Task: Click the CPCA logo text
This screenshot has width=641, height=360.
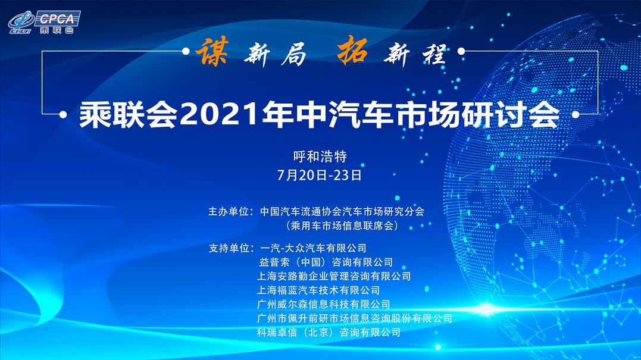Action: (x=57, y=19)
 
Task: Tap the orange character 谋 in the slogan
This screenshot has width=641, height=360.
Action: (x=212, y=52)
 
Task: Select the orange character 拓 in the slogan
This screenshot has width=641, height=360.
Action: (x=352, y=50)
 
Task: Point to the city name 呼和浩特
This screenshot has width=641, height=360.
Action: (x=320, y=156)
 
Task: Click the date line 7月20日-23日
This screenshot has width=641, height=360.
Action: (x=320, y=175)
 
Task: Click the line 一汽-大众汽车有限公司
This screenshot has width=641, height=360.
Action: (x=313, y=248)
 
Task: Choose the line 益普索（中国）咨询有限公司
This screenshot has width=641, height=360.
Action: (x=326, y=262)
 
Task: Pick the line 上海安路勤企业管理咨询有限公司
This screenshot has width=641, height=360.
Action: (x=333, y=276)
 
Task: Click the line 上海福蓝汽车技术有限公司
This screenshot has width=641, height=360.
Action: (x=318, y=290)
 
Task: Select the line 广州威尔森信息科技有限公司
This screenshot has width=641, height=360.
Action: (x=323, y=304)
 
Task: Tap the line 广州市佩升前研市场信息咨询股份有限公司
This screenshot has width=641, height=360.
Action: (x=355, y=318)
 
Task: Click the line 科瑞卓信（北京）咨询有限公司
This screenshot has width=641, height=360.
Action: (x=329, y=332)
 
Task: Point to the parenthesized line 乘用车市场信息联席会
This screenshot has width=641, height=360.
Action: (x=342, y=226)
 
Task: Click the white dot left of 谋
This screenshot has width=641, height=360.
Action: (x=186, y=52)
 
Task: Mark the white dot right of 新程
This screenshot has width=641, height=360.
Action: (x=461, y=52)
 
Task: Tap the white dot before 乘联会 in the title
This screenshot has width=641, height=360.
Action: (x=63, y=115)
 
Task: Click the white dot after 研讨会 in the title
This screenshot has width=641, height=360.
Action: (x=576, y=115)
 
